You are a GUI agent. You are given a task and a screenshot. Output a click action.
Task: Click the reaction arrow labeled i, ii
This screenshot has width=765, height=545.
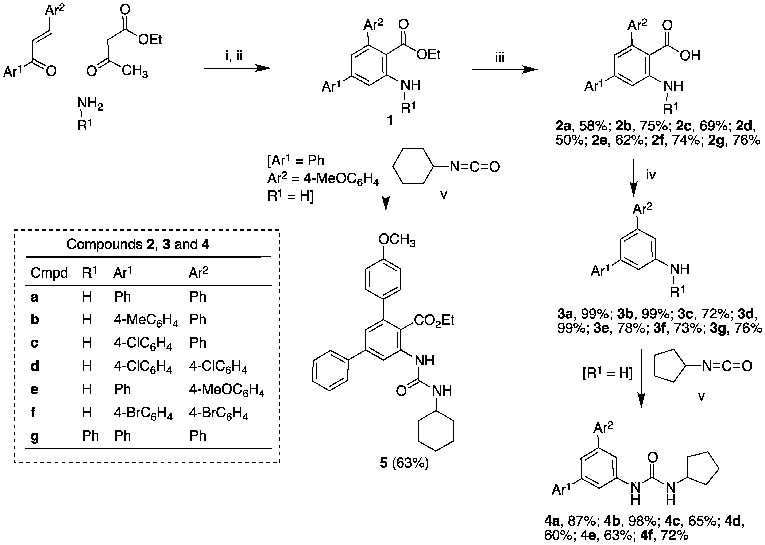[237, 69]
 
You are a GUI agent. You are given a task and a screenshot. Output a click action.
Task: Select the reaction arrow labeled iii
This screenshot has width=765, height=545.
[504, 70]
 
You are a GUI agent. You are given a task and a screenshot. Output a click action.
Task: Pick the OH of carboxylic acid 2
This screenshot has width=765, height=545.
[690, 56]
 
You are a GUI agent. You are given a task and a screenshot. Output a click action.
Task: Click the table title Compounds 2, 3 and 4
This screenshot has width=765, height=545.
[138, 244]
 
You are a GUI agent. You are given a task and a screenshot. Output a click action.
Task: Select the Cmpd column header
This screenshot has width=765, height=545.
[49, 273]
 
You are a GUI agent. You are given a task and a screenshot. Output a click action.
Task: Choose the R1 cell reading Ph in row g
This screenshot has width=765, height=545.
[90, 436]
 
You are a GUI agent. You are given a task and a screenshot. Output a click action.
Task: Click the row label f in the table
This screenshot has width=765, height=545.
[33, 413]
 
